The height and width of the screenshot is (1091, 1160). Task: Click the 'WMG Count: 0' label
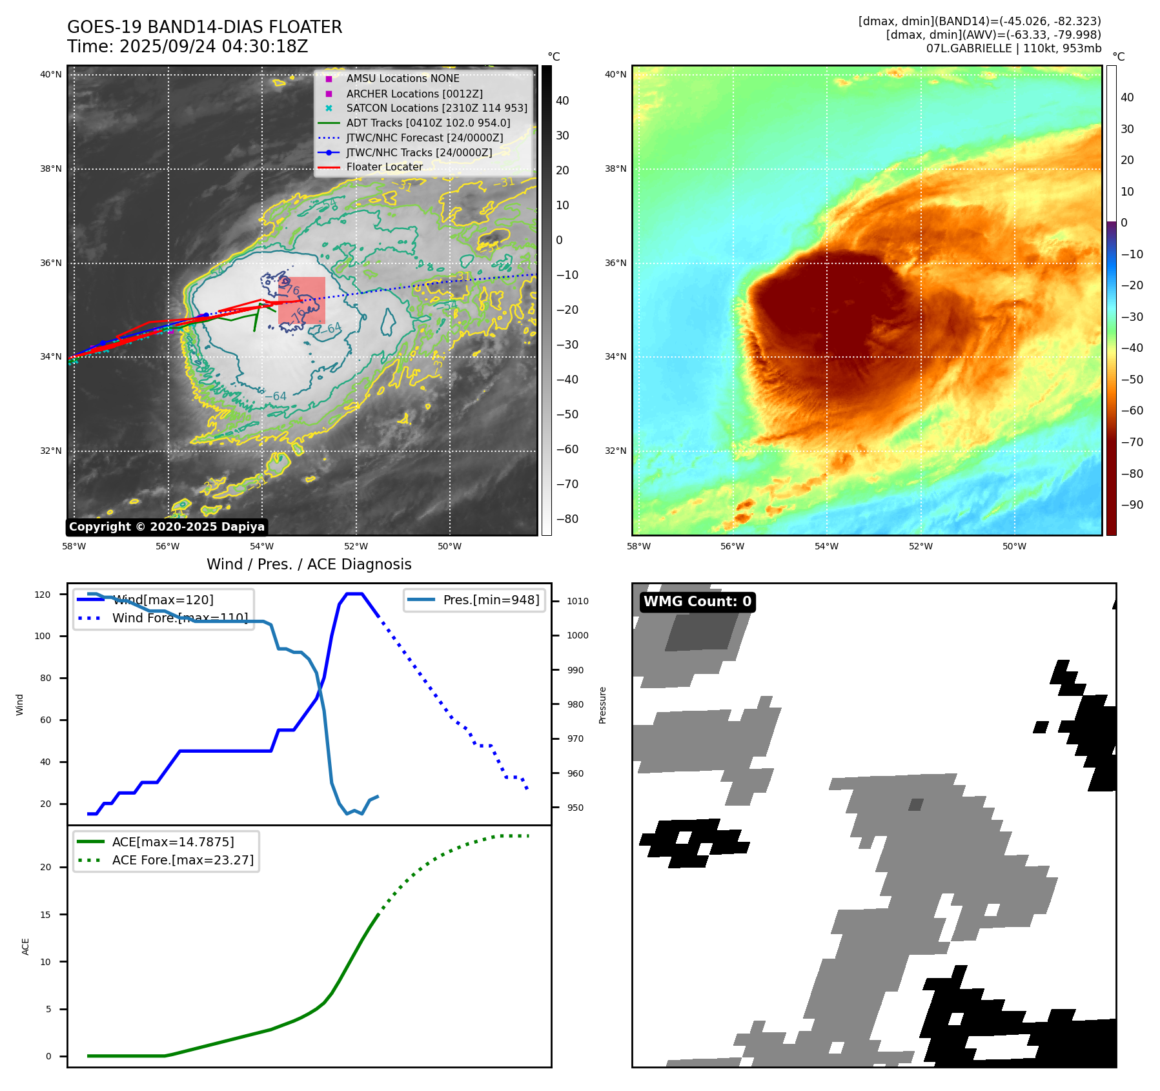click(x=697, y=602)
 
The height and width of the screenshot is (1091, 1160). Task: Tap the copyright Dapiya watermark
click(x=167, y=527)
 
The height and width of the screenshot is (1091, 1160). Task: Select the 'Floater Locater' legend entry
click(x=384, y=167)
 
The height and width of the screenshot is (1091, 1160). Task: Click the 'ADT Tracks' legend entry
click(x=428, y=123)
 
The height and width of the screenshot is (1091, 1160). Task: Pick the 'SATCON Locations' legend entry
click(x=436, y=108)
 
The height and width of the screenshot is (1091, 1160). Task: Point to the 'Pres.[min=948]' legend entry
click(x=491, y=600)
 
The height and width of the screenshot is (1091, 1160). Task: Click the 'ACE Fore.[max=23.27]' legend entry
click(x=183, y=860)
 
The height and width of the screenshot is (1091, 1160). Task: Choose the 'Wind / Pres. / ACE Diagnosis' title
click(x=309, y=564)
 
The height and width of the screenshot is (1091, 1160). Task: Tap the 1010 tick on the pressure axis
click(x=577, y=601)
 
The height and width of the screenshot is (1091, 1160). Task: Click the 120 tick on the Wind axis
click(x=43, y=595)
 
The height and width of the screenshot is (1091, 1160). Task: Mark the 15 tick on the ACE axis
click(x=46, y=915)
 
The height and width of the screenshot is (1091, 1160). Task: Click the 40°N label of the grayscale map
click(x=51, y=75)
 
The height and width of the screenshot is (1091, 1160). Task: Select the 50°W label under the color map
click(x=1014, y=546)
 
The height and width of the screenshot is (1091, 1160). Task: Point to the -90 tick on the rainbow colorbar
click(x=1132, y=505)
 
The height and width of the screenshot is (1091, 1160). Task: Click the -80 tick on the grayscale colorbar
click(x=567, y=519)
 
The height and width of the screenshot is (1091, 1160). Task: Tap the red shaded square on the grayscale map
click(x=301, y=300)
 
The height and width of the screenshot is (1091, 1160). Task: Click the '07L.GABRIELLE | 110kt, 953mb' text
click(x=1013, y=48)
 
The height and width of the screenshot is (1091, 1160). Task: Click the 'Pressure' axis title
click(x=602, y=705)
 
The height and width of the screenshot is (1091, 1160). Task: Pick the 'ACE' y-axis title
click(x=26, y=946)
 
